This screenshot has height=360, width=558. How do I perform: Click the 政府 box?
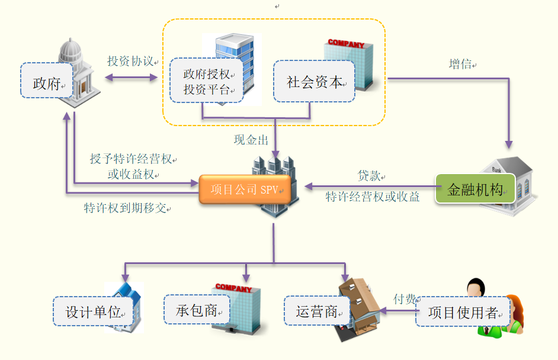click(x=47, y=83)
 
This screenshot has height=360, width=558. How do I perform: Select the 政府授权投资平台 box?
click(x=206, y=81)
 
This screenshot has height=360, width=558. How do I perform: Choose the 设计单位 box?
click(x=92, y=311)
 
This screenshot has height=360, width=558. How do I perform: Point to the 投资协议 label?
click(x=130, y=61)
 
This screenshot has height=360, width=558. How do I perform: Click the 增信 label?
click(x=460, y=64)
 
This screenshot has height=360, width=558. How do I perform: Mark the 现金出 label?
click(x=251, y=140)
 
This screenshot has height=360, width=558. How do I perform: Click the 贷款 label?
click(x=368, y=176)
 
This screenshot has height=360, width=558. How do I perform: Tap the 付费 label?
click(x=405, y=299)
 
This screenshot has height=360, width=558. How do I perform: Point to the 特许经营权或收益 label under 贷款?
click(x=373, y=197)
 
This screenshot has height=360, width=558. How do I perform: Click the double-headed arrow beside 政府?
click(x=131, y=77)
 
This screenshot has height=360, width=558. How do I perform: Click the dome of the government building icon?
click(x=72, y=49)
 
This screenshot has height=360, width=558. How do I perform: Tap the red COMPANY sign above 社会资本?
click(x=346, y=43)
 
